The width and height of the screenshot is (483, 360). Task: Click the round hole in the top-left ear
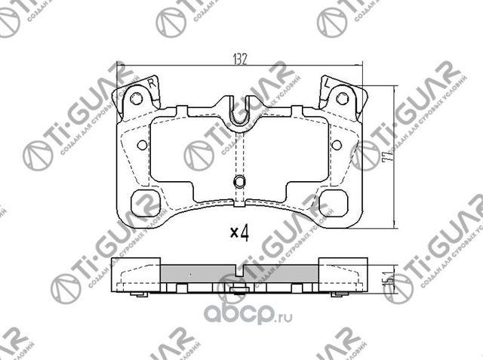pyautogui.click(x=136, y=98)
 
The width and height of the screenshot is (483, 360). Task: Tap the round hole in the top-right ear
pyautogui.click(x=341, y=98)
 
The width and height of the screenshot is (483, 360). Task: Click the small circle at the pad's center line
pyautogui.click(x=239, y=182)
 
